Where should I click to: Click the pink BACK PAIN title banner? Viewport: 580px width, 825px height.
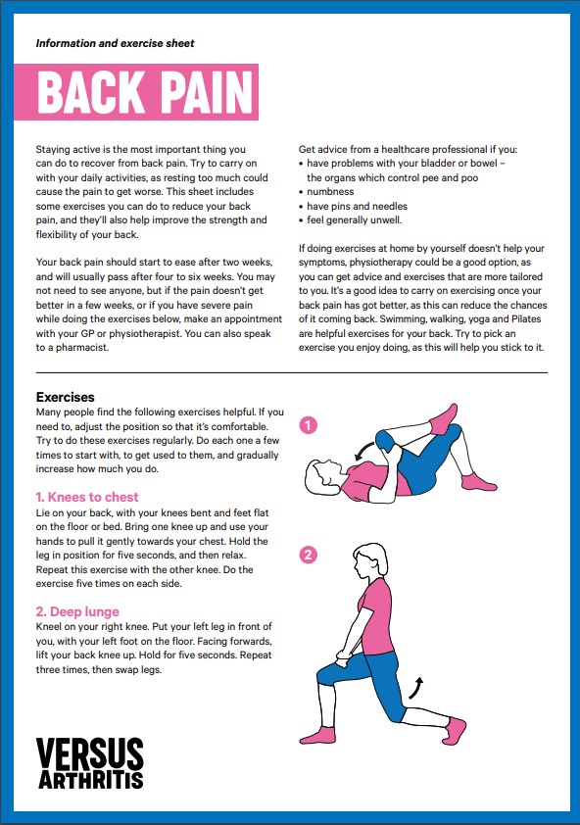pyautogui.click(x=146, y=92)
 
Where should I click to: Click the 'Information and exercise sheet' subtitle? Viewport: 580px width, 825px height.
pyautogui.click(x=115, y=44)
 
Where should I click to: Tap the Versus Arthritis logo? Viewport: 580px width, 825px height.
pyautogui.click(x=90, y=764)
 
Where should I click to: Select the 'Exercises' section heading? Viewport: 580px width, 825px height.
pyautogui.click(x=65, y=398)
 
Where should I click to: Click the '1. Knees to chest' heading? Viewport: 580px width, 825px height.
pyautogui.click(x=87, y=497)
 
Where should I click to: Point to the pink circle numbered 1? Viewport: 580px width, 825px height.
pyautogui.click(x=309, y=425)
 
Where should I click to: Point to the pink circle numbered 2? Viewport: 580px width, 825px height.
pyautogui.click(x=309, y=556)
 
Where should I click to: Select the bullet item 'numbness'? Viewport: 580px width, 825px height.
pyautogui.click(x=332, y=192)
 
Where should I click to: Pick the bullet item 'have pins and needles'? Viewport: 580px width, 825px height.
pyautogui.click(x=357, y=207)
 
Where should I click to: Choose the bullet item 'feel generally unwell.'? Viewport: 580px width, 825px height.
pyautogui.click(x=354, y=220)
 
